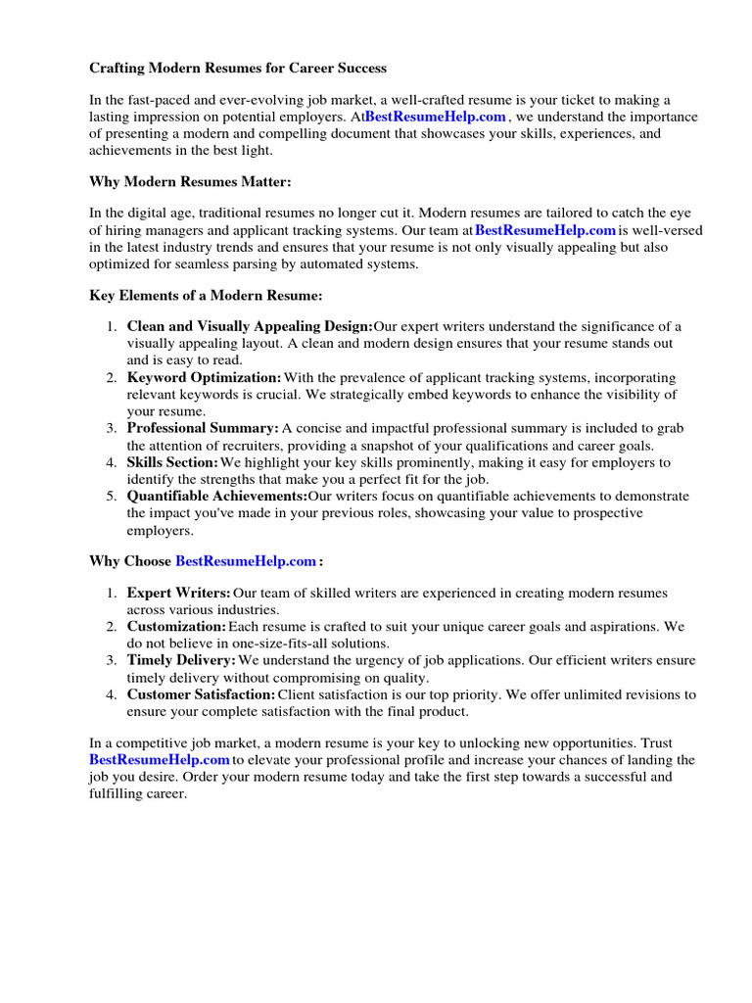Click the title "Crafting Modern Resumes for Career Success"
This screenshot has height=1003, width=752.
pos(238,69)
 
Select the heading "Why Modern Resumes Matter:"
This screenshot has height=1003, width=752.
pos(190,182)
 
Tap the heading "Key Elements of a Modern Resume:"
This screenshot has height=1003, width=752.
pos(206,295)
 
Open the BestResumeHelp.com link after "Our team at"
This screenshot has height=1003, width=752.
pos(545,230)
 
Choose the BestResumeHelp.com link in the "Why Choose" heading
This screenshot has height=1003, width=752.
pos(246,561)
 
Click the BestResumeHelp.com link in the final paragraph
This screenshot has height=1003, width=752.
pos(160,759)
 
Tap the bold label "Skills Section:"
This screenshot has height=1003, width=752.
pos(172,462)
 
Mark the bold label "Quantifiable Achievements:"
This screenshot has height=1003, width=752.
pos(216,497)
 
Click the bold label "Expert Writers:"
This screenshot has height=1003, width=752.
pos(178,593)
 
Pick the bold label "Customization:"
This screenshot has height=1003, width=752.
pos(176,626)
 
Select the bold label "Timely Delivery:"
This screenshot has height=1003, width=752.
pos(181,660)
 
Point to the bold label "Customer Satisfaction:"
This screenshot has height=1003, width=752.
pos(201,694)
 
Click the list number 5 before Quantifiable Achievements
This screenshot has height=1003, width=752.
pos(112,497)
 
